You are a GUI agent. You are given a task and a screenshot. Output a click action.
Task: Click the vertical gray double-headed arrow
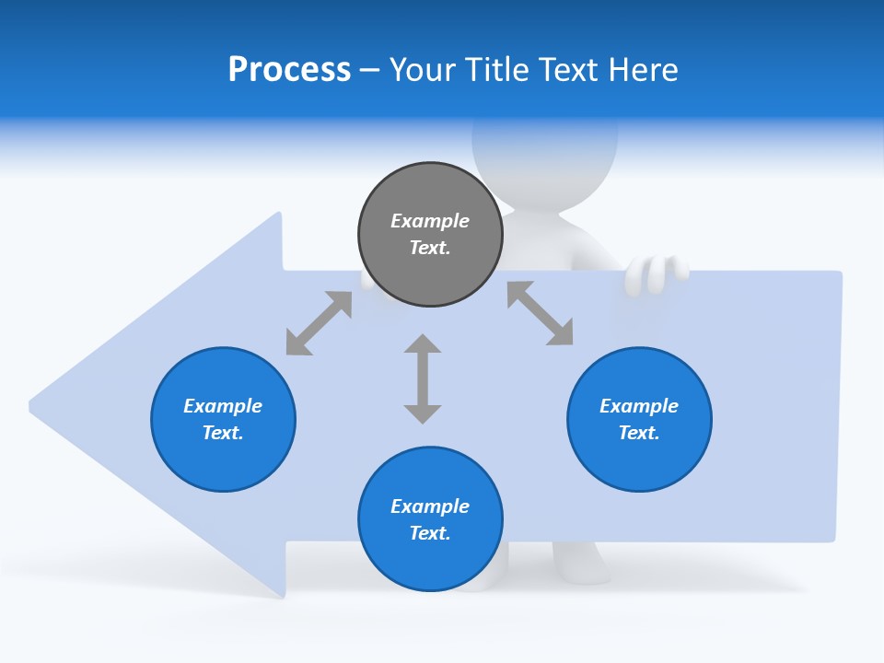(423, 379)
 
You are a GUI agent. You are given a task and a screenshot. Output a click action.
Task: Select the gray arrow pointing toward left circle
(319, 323)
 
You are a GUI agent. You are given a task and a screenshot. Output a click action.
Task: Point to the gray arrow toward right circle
(541, 313)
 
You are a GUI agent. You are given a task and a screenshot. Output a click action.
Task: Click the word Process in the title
(289, 70)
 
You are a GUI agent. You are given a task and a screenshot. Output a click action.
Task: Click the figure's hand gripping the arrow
(656, 273)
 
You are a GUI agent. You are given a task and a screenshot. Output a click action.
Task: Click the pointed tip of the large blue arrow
(33, 404)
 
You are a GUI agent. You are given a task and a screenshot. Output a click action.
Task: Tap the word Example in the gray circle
(430, 221)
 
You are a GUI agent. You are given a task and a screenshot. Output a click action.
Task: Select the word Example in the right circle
(639, 406)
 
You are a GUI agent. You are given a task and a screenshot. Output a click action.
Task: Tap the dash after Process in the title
(370, 70)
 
